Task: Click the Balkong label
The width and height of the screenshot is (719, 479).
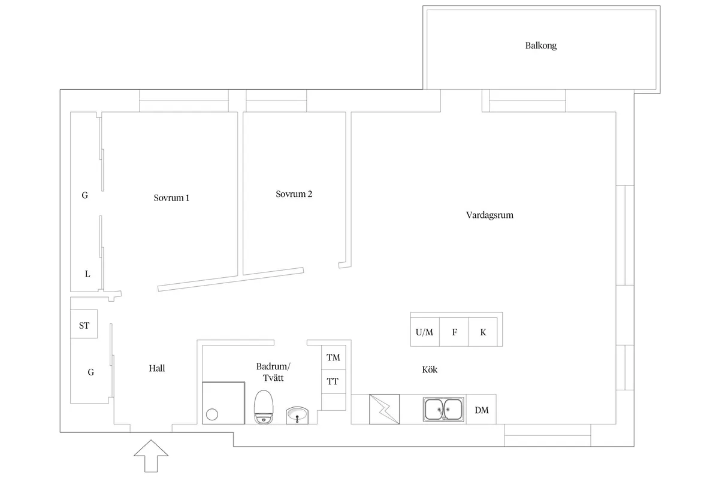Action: tap(541, 46)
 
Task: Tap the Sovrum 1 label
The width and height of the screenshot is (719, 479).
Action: tap(171, 198)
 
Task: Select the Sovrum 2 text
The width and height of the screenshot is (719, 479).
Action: tap(294, 194)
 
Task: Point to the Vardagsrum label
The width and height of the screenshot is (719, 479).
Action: tap(490, 215)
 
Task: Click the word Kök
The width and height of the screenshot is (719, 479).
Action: tap(430, 369)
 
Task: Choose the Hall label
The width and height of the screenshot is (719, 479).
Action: tap(156, 368)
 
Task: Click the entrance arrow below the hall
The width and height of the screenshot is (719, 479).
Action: tap(151, 456)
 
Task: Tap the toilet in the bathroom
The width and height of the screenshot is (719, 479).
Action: tap(264, 407)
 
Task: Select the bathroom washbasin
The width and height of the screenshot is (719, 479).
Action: tap(297, 415)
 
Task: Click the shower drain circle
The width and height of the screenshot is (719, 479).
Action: tap(212, 414)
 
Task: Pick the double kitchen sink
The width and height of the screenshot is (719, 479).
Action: tap(443, 410)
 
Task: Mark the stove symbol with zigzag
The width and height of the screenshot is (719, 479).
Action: tap(384, 409)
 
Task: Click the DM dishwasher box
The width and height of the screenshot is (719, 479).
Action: tap(481, 410)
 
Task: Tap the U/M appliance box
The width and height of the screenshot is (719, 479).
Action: tap(425, 332)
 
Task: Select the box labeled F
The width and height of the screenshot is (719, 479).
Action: tap(454, 332)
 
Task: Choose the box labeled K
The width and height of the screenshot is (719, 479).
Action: tap(483, 332)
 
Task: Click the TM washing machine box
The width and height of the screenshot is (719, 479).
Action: tap(334, 357)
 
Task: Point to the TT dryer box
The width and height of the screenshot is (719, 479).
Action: tap(334, 381)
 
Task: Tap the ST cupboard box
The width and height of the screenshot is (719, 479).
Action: tap(84, 324)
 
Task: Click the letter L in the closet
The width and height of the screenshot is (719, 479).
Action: tap(87, 274)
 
